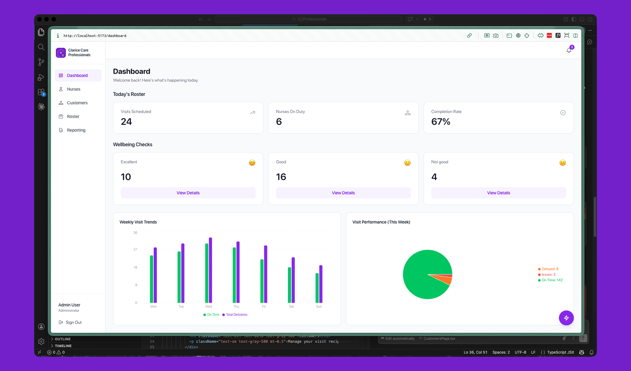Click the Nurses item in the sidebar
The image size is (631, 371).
tap(73, 89)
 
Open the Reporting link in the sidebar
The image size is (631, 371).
tap(76, 130)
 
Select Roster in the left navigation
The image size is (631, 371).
tap(73, 116)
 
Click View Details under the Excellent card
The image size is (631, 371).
tap(188, 193)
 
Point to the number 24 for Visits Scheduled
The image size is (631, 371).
tap(126, 122)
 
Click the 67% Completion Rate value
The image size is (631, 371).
tap(440, 122)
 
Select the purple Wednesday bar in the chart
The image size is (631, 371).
tap(210, 270)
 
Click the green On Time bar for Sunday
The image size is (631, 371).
tap(317, 288)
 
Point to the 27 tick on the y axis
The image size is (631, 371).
tap(135, 249)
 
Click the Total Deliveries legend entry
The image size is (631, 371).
tap(236, 315)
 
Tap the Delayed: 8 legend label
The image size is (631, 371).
tap(550, 269)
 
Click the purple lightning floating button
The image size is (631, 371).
tap(566, 318)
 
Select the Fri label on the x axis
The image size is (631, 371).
tap(264, 306)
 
